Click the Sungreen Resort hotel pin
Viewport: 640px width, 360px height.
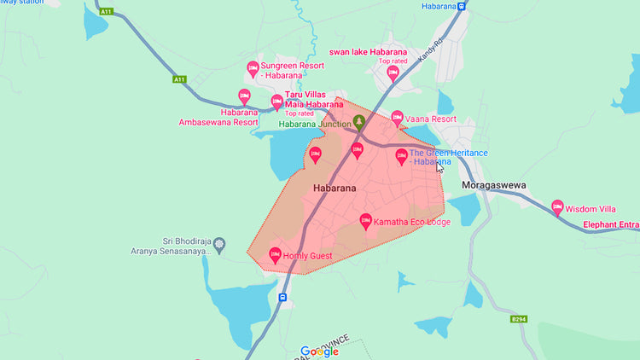[x=253, y=67]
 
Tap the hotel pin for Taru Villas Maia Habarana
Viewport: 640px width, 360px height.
[x=276, y=102]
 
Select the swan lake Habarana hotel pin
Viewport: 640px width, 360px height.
[x=393, y=73]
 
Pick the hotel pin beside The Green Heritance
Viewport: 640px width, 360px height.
[x=402, y=156]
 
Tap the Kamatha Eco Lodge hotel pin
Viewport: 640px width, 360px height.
[x=366, y=221]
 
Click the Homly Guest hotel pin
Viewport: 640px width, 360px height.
[x=275, y=253]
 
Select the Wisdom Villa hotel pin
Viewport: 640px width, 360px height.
[x=557, y=206]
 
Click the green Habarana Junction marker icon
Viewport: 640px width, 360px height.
[x=359, y=122]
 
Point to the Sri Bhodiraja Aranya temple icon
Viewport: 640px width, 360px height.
[x=219, y=245]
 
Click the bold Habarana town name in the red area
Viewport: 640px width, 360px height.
[x=335, y=187]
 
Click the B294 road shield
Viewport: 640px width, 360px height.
[x=517, y=319]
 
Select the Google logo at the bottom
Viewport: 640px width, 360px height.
[x=320, y=351]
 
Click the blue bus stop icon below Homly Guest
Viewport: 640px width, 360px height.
[x=282, y=298]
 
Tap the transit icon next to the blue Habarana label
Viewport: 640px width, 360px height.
[x=461, y=7]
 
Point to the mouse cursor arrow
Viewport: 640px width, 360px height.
[x=439, y=167]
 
